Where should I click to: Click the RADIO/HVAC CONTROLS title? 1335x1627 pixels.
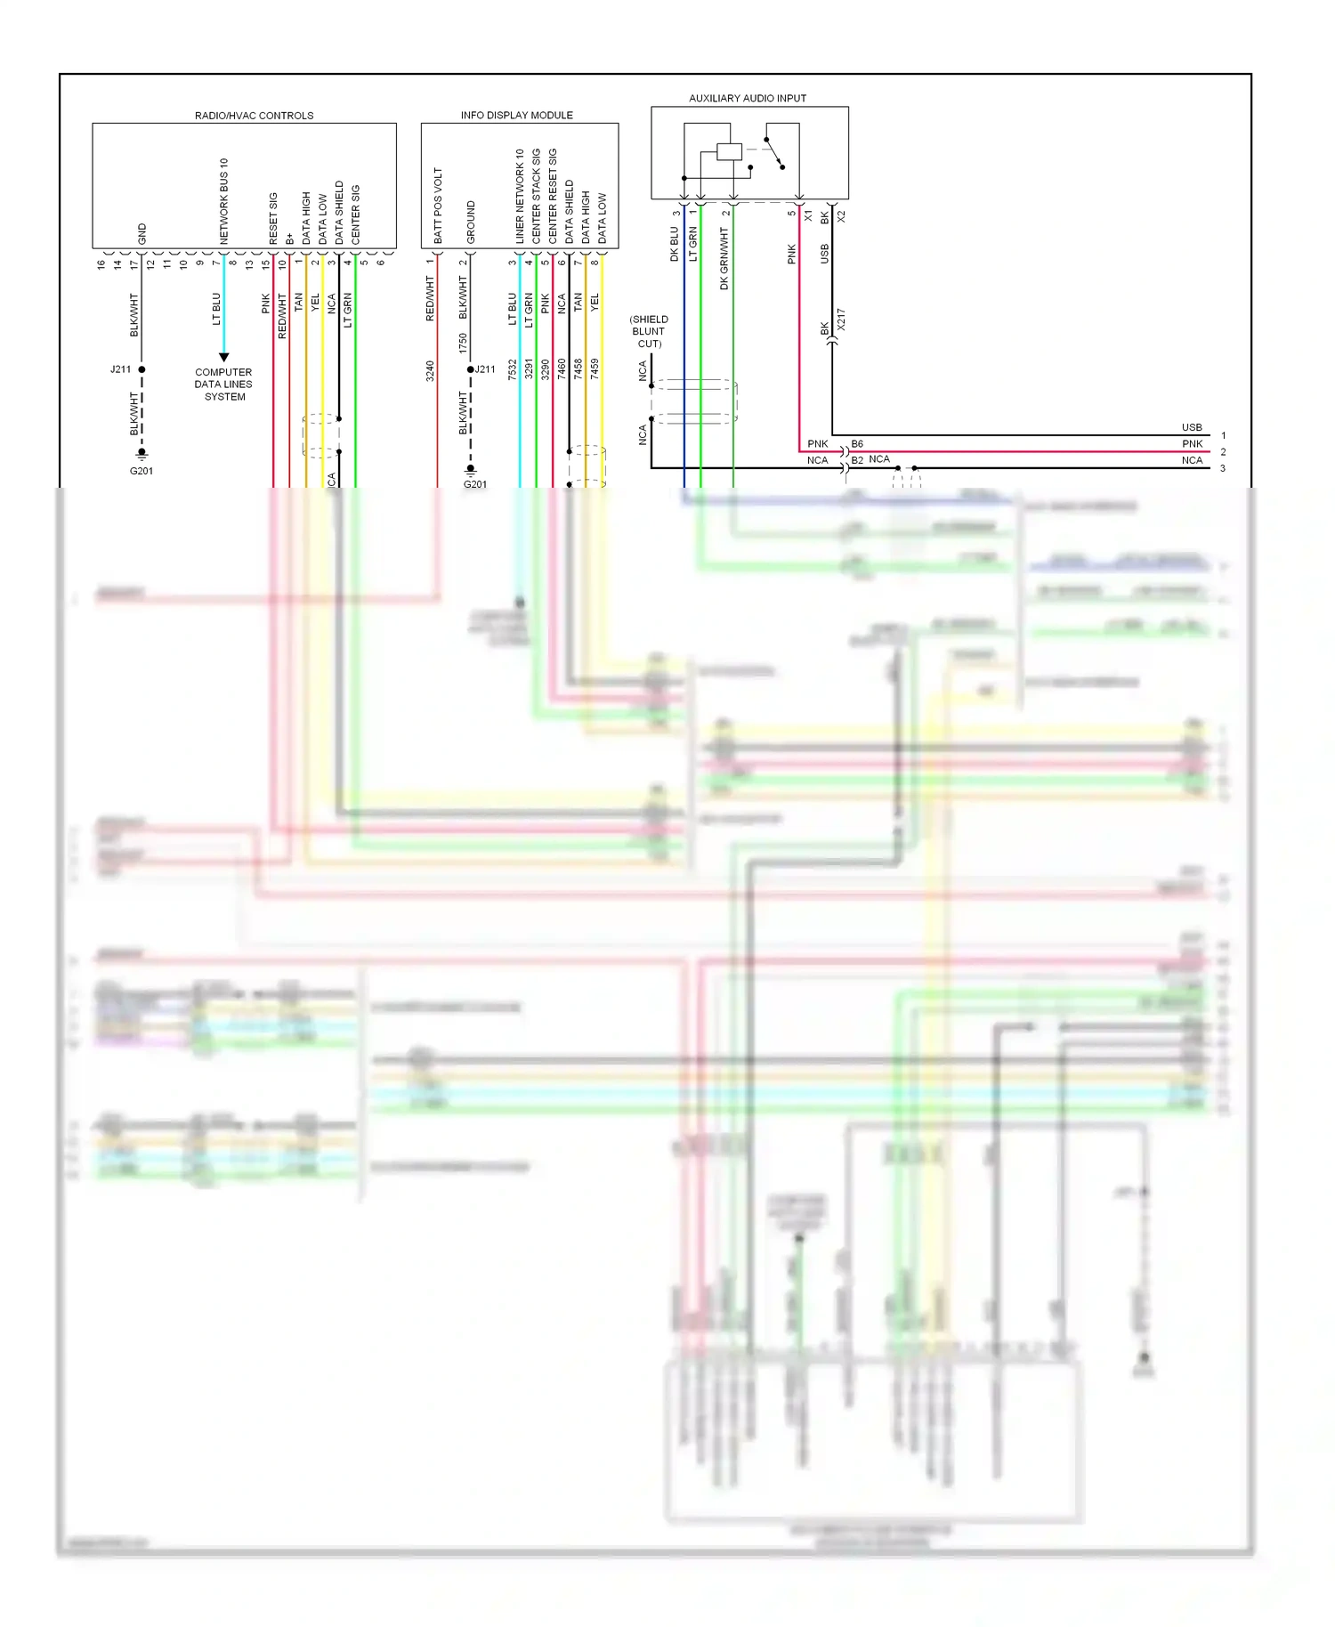click(254, 116)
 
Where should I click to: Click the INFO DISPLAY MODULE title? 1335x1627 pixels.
click(516, 115)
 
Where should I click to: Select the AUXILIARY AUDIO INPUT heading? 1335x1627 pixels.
click(748, 98)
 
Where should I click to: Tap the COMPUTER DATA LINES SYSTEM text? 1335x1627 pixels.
click(223, 384)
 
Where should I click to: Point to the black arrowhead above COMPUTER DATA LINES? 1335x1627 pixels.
click(223, 357)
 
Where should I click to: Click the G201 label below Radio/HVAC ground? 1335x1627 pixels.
click(142, 471)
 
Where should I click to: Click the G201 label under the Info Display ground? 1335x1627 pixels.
click(475, 484)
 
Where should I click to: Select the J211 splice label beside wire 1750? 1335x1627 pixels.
click(485, 369)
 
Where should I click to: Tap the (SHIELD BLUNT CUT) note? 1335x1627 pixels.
click(649, 331)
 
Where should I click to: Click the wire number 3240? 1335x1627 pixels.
click(430, 371)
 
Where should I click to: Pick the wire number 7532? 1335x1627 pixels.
click(513, 370)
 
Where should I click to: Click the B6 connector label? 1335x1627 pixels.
click(857, 443)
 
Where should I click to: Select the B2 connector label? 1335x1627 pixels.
click(857, 460)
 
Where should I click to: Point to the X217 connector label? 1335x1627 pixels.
click(842, 320)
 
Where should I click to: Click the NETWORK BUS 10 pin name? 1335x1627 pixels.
click(224, 201)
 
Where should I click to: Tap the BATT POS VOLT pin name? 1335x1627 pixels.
click(438, 206)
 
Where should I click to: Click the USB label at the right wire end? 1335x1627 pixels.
click(1192, 427)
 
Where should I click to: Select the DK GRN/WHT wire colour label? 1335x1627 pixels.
click(724, 258)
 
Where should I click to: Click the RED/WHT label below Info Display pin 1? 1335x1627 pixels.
click(430, 298)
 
